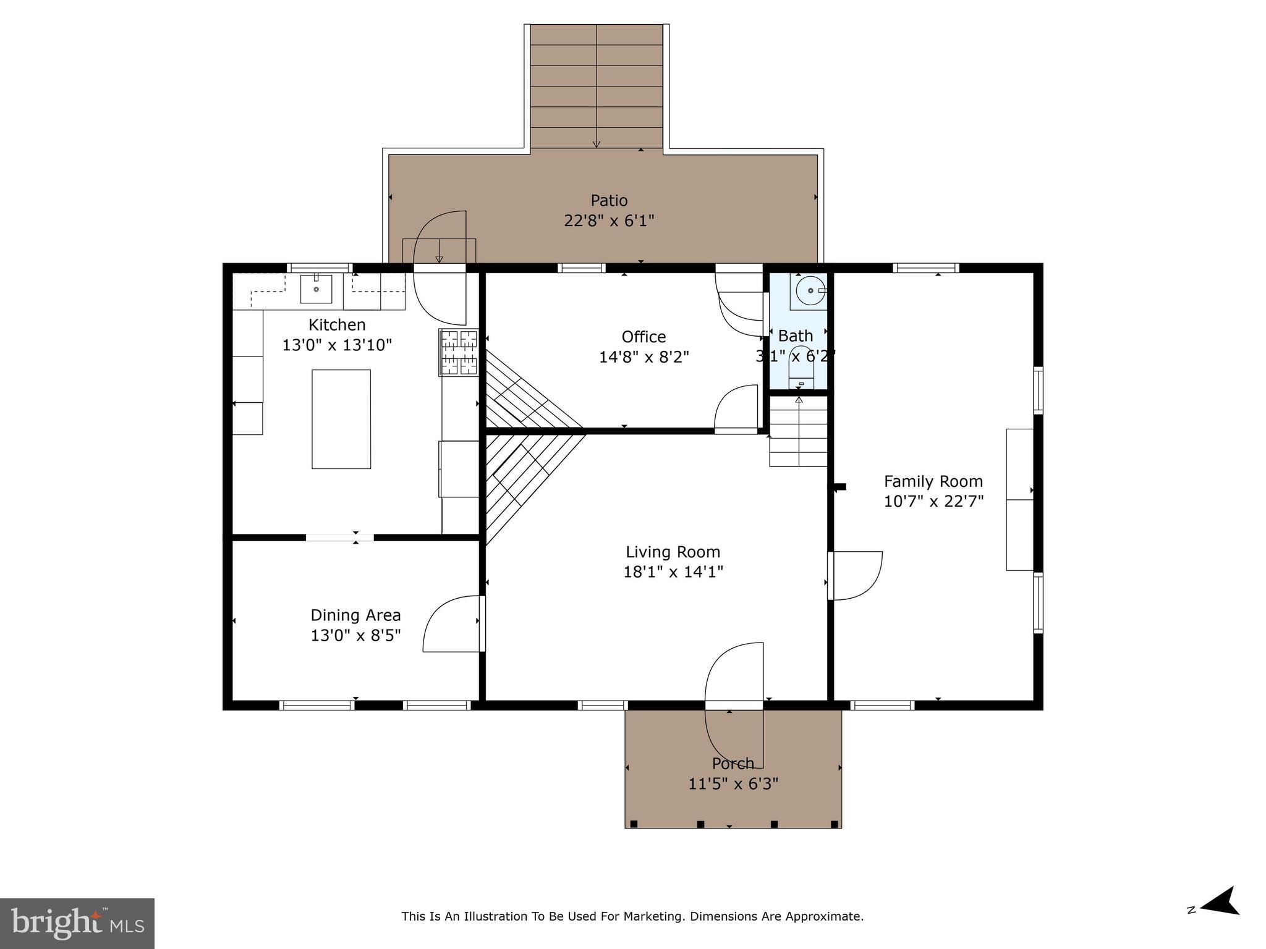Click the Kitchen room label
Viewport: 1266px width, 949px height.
coord(337,324)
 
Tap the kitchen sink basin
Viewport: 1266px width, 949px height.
coord(316,289)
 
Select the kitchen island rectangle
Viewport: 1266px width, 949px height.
coord(341,419)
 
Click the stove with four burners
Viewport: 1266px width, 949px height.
coord(459,353)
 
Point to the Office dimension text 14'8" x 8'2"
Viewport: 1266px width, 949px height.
coord(644,357)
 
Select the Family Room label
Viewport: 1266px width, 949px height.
coord(933,481)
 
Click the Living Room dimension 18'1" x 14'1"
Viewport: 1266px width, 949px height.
coord(673,572)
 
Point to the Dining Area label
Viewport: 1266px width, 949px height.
coord(355,615)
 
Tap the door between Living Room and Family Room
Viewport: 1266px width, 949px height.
coord(856,575)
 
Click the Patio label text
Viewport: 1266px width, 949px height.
coord(609,200)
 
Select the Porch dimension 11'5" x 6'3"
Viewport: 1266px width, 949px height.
coord(733,783)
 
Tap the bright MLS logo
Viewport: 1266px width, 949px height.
coord(77,923)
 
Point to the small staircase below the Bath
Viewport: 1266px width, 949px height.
coord(798,432)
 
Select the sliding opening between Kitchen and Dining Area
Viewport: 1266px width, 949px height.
coord(339,538)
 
